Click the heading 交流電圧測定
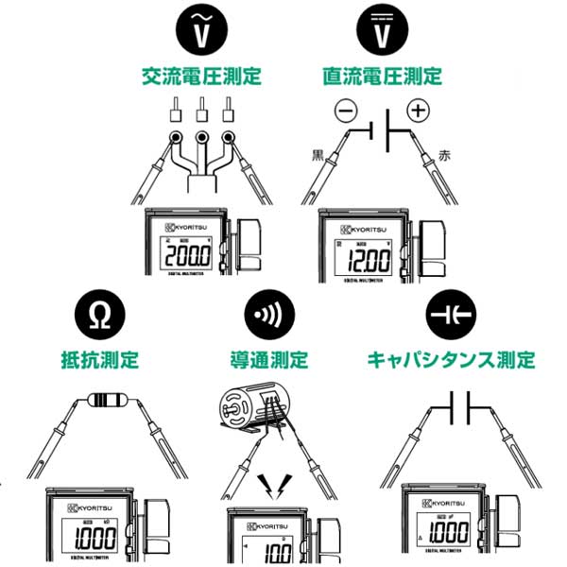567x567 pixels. click(x=201, y=75)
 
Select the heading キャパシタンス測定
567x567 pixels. click(x=451, y=360)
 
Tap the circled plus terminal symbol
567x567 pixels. click(x=417, y=111)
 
